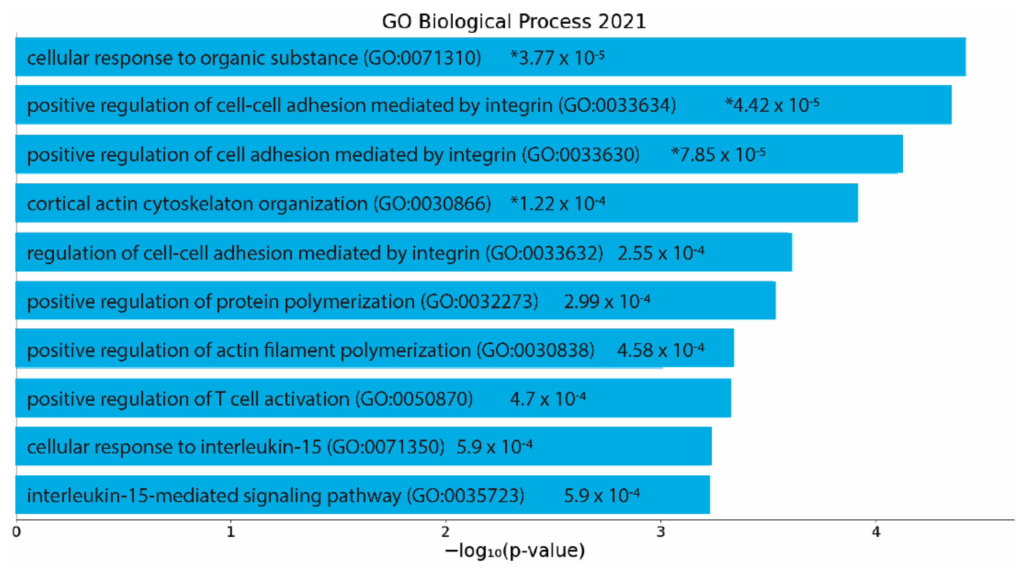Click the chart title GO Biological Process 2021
[x=514, y=21]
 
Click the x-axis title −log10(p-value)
[x=515, y=550]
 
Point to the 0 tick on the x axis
[x=16, y=532]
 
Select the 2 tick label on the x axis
[x=445, y=532]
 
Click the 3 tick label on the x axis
[x=661, y=532]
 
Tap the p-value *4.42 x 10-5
[x=772, y=105]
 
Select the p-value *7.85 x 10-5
[x=718, y=155]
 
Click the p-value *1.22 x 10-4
[x=557, y=204]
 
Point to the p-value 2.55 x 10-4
[x=661, y=253]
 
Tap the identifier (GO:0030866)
[x=432, y=204]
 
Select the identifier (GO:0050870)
[x=414, y=399]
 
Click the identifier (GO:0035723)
[x=465, y=496]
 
